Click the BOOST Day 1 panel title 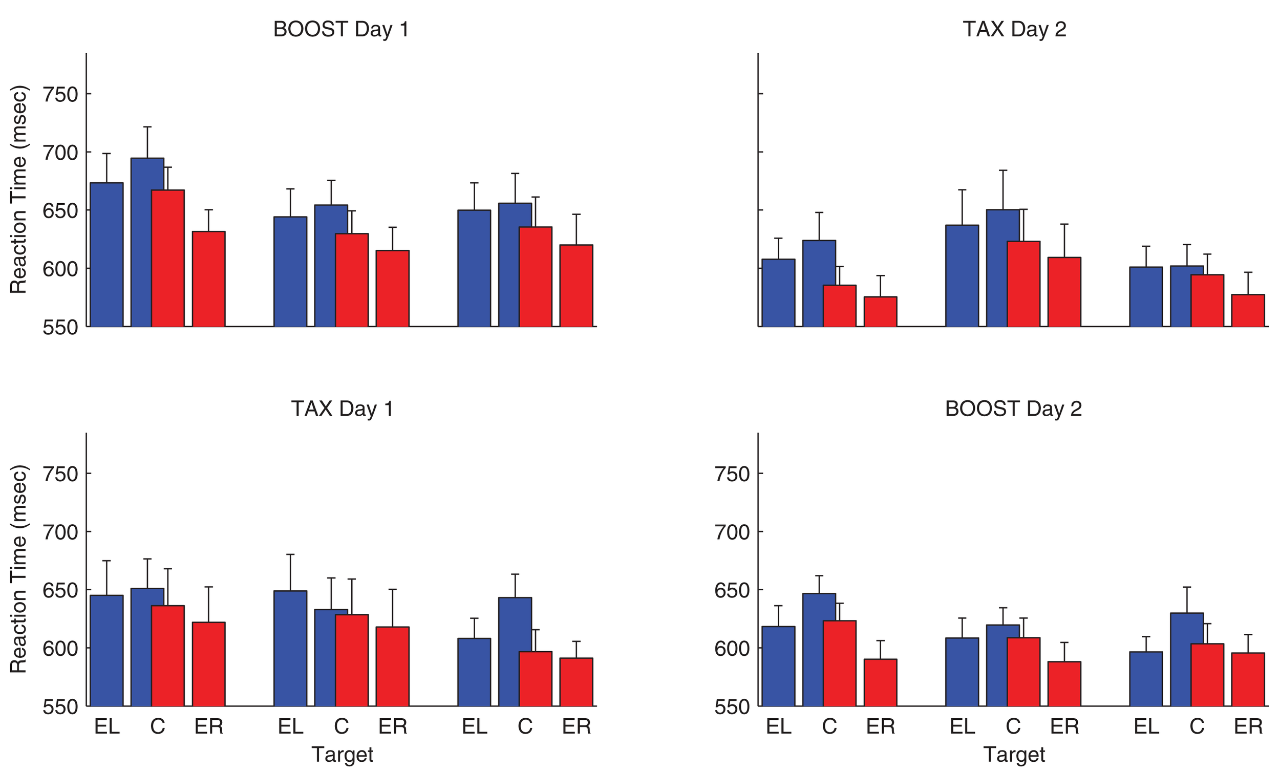click(x=341, y=29)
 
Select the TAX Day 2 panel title click(x=1014, y=29)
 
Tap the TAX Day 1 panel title click(x=342, y=409)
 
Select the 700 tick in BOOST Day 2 click(x=732, y=532)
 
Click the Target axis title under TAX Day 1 click(x=342, y=754)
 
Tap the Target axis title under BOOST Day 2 click(x=1014, y=754)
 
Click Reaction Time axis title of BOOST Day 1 click(x=19, y=189)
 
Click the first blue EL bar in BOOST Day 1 click(x=106, y=254)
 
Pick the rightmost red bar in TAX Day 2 click(x=1248, y=311)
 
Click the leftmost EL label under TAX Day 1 click(x=106, y=726)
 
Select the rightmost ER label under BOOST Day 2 click(x=1248, y=726)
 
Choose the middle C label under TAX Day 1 click(x=342, y=726)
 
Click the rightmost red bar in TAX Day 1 click(x=576, y=682)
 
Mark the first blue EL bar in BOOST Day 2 click(x=778, y=667)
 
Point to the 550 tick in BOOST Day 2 click(x=732, y=707)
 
